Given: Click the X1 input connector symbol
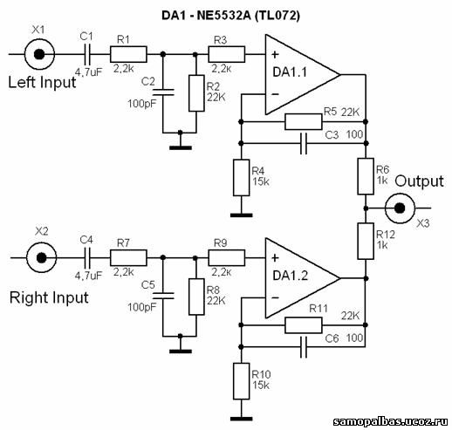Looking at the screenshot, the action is point(39,54).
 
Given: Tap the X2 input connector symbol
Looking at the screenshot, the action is point(41,257).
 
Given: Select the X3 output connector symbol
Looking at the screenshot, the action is point(400,208).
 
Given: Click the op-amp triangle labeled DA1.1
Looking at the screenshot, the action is point(302,75).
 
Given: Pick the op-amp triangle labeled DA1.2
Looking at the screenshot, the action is point(302,278).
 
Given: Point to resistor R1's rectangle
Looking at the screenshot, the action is point(128,54).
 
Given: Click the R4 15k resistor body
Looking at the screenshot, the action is point(241,177).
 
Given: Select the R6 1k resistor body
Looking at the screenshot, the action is point(366,176).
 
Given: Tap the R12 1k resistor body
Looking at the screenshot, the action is point(366,241).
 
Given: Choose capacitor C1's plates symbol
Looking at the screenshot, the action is point(87,54).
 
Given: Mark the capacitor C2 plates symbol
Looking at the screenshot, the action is point(163,92).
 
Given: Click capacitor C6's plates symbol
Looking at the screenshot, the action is point(304,347).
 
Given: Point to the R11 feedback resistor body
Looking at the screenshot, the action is point(304,325).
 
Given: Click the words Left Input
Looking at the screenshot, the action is point(42,82).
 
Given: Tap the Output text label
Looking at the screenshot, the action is point(419,181).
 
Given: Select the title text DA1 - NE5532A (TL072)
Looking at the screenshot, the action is point(230,16).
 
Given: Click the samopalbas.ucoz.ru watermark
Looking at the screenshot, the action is point(391,421).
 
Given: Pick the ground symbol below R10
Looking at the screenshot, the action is point(241,419).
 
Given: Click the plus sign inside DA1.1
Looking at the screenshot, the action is point(275,54).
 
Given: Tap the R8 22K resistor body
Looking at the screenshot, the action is point(196,297).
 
